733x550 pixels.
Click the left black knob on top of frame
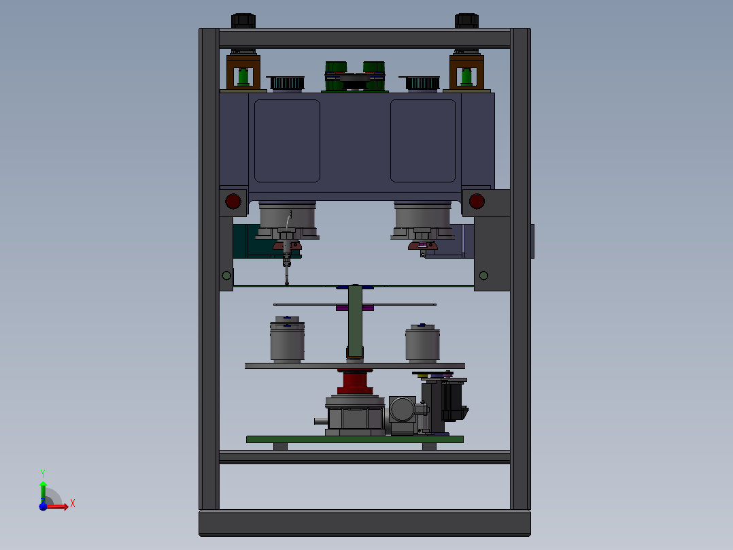coord(243,20)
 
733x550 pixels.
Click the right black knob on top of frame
coord(466,20)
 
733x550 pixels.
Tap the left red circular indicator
coord(233,201)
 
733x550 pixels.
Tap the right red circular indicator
coord(477,201)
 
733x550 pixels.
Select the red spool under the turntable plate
coord(355,381)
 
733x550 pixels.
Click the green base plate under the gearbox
coord(355,439)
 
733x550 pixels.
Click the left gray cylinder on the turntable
coord(287,340)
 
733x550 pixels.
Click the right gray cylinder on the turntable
coord(422,343)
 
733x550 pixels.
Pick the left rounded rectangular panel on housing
coord(287,140)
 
